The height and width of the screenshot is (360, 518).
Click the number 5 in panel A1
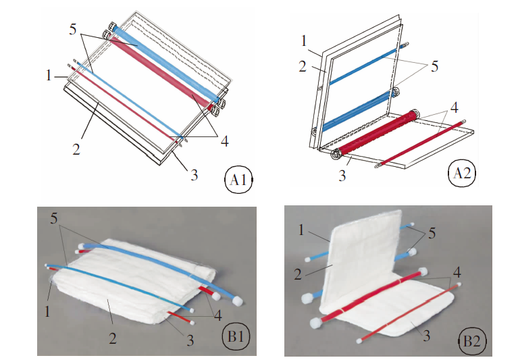pos(74,30)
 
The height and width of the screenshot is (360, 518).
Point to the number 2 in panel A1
pos(76,149)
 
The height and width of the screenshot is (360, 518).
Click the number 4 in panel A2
pos(455,107)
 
